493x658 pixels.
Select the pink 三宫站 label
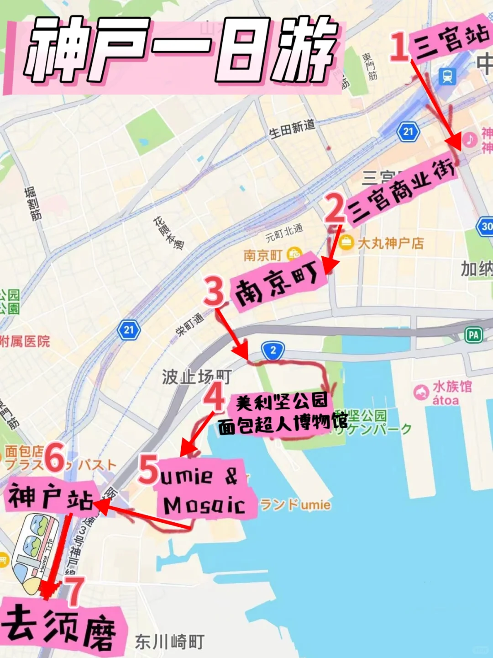pyautogui.click(x=450, y=41)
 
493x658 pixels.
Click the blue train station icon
pyautogui.click(x=447, y=76)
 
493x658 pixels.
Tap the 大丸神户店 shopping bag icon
pyautogui.click(x=346, y=243)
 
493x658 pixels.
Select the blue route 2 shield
pyautogui.click(x=273, y=350)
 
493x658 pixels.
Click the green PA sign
pyautogui.click(x=473, y=335)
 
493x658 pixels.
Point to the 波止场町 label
pyautogui.click(x=196, y=377)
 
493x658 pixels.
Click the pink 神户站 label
pyautogui.click(x=50, y=497)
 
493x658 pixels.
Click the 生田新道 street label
pyautogui.click(x=292, y=128)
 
